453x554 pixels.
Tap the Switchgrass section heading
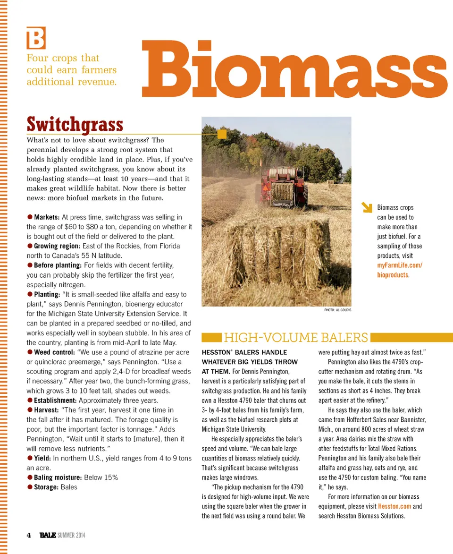coord(75,125)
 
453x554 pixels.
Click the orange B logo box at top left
coord(36,38)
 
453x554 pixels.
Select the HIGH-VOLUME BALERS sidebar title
coord(295,338)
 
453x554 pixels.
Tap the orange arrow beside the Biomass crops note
coord(366,208)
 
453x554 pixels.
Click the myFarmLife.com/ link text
coord(399,265)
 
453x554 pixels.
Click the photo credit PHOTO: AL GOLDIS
coord(338,310)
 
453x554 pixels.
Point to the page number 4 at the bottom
coord(29,535)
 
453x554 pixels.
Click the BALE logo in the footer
coord(48,535)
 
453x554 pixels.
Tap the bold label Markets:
coord(46,217)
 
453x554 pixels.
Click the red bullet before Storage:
coord(30,487)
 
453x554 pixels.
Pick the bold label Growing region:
coord(57,246)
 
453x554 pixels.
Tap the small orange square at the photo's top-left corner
coord(222,135)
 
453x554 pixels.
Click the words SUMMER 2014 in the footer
coord(72,535)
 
